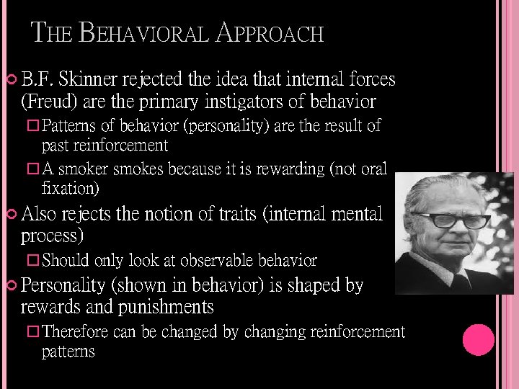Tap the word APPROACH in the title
[x=272, y=33]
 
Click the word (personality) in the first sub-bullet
[x=227, y=126]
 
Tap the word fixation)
[x=71, y=189]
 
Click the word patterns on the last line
[x=68, y=352]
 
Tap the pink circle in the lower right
[x=478, y=340]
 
